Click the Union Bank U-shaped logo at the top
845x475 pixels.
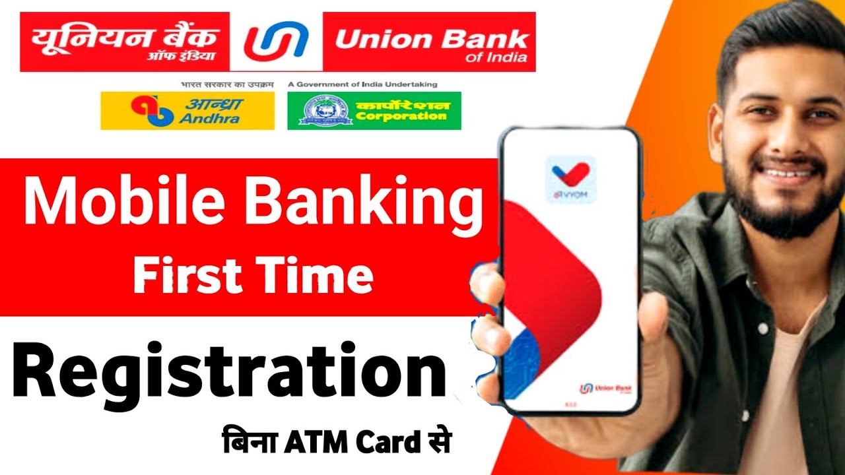pyautogui.click(x=276, y=41)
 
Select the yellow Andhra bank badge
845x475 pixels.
pyautogui.click(x=187, y=111)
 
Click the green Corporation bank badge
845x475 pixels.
pyautogui.click(x=374, y=111)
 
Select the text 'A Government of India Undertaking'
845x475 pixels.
pyautogui.click(x=362, y=84)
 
